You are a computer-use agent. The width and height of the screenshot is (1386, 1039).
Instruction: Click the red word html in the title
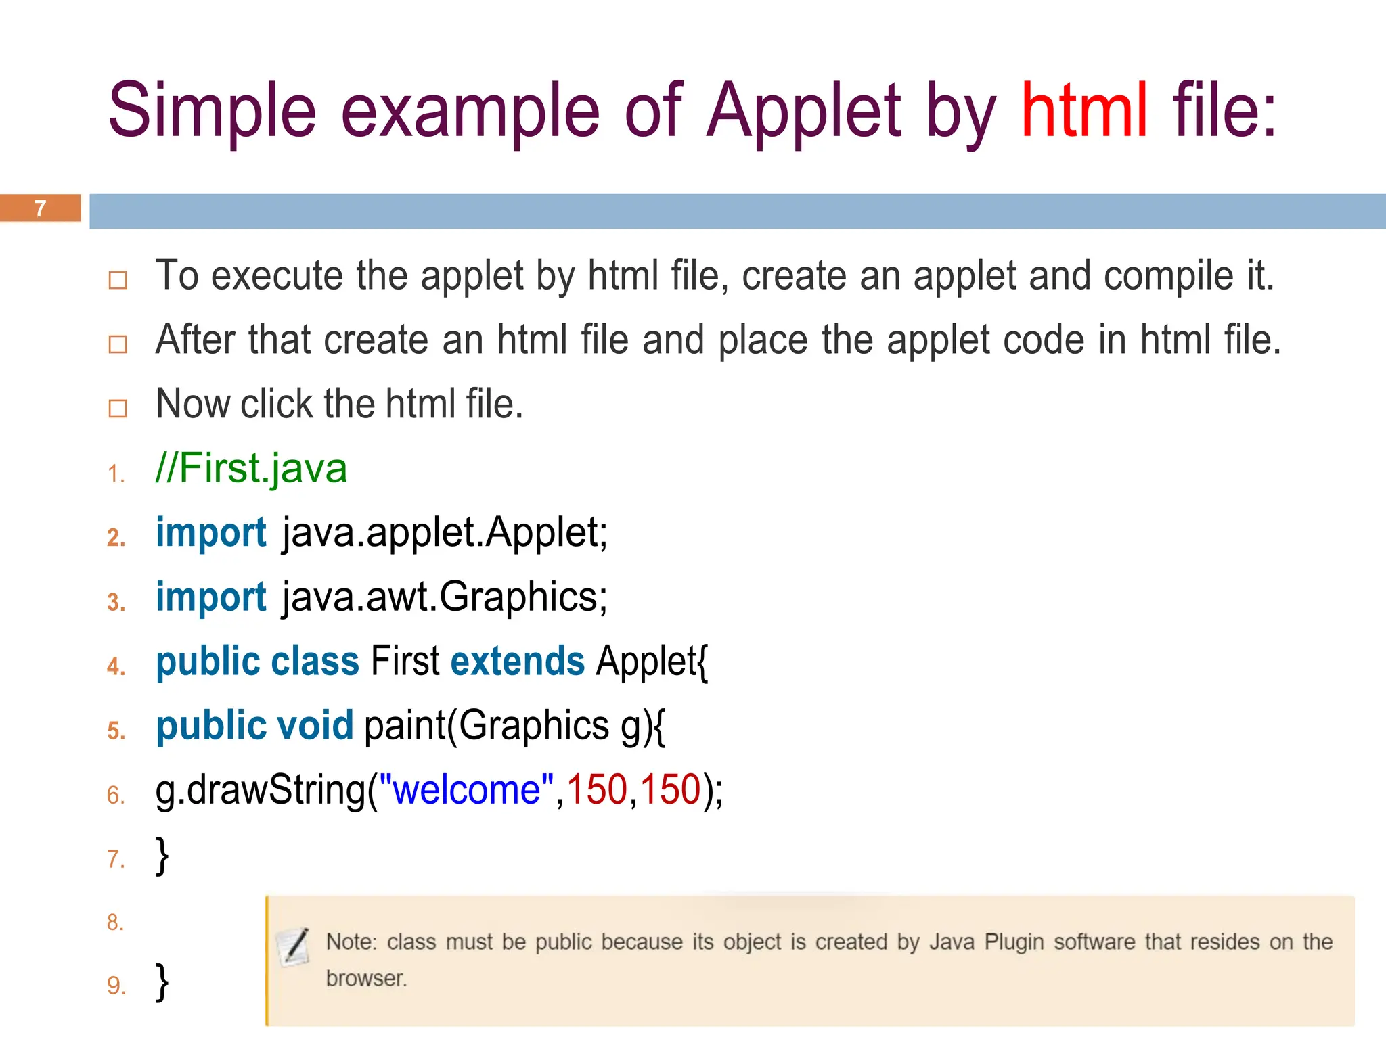click(x=1084, y=110)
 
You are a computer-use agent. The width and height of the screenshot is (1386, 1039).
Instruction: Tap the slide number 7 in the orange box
click(x=41, y=208)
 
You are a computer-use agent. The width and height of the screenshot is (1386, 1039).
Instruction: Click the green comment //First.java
click(x=251, y=468)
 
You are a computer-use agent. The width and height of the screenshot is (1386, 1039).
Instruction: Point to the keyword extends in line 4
click(x=517, y=661)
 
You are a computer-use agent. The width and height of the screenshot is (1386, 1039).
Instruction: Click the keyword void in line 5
click(x=315, y=725)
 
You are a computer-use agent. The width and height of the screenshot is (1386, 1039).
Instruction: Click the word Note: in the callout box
click(x=351, y=942)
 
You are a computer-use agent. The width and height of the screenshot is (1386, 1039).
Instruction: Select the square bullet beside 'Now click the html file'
click(x=118, y=408)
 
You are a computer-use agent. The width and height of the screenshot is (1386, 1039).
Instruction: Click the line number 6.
click(x=116, y=795)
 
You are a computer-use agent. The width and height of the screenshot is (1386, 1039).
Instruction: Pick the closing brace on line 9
click(x=162, y=982)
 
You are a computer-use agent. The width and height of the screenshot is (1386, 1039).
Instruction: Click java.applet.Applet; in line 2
click(x=445, y=532)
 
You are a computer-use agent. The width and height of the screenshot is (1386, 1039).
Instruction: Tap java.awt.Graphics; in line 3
click(x=445, y=597)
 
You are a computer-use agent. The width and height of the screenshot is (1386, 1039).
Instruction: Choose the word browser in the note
click(x=365, y=979)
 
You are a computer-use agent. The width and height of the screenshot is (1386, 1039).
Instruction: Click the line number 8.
click(x=116, y=922)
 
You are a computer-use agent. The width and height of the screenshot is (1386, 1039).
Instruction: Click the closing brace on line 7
click(x=162, y=856)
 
